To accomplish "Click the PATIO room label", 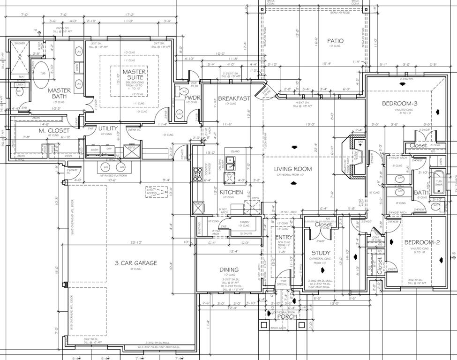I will [x=335, y=41].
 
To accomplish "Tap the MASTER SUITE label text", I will [x=135, y=75].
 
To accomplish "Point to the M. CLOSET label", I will [x=54, y=130].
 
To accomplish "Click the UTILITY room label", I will [x=108, y=128].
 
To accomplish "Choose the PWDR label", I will [x=193, y=98].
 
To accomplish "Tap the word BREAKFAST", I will [x=234, y=98].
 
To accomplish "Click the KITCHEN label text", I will [x=232, y=192].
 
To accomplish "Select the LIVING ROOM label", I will [x=293, y=169].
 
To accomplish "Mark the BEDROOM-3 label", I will [x=399, y=104].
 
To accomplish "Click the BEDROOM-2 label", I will [x=422, y=242].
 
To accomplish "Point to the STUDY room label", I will [x=321, y=253].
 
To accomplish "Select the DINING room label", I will [x=229, y=270].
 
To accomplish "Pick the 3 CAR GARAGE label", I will [x=136, y=263].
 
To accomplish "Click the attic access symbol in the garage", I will [x=156, y=191].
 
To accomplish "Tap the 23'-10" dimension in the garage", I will [x=136, y=243].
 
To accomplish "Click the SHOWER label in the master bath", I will [x=20, y=43].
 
